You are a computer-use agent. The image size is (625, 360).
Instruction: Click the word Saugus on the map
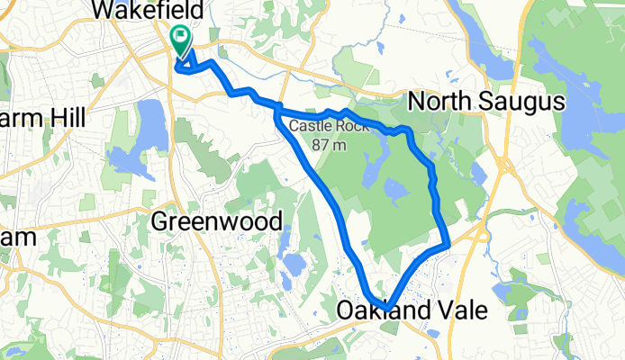pos(524,101)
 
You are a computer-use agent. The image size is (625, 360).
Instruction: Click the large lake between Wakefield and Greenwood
pos(152,124)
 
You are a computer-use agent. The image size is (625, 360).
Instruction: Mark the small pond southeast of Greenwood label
pos(294,264)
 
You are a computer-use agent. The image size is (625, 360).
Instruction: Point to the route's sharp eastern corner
pos(448,243)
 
